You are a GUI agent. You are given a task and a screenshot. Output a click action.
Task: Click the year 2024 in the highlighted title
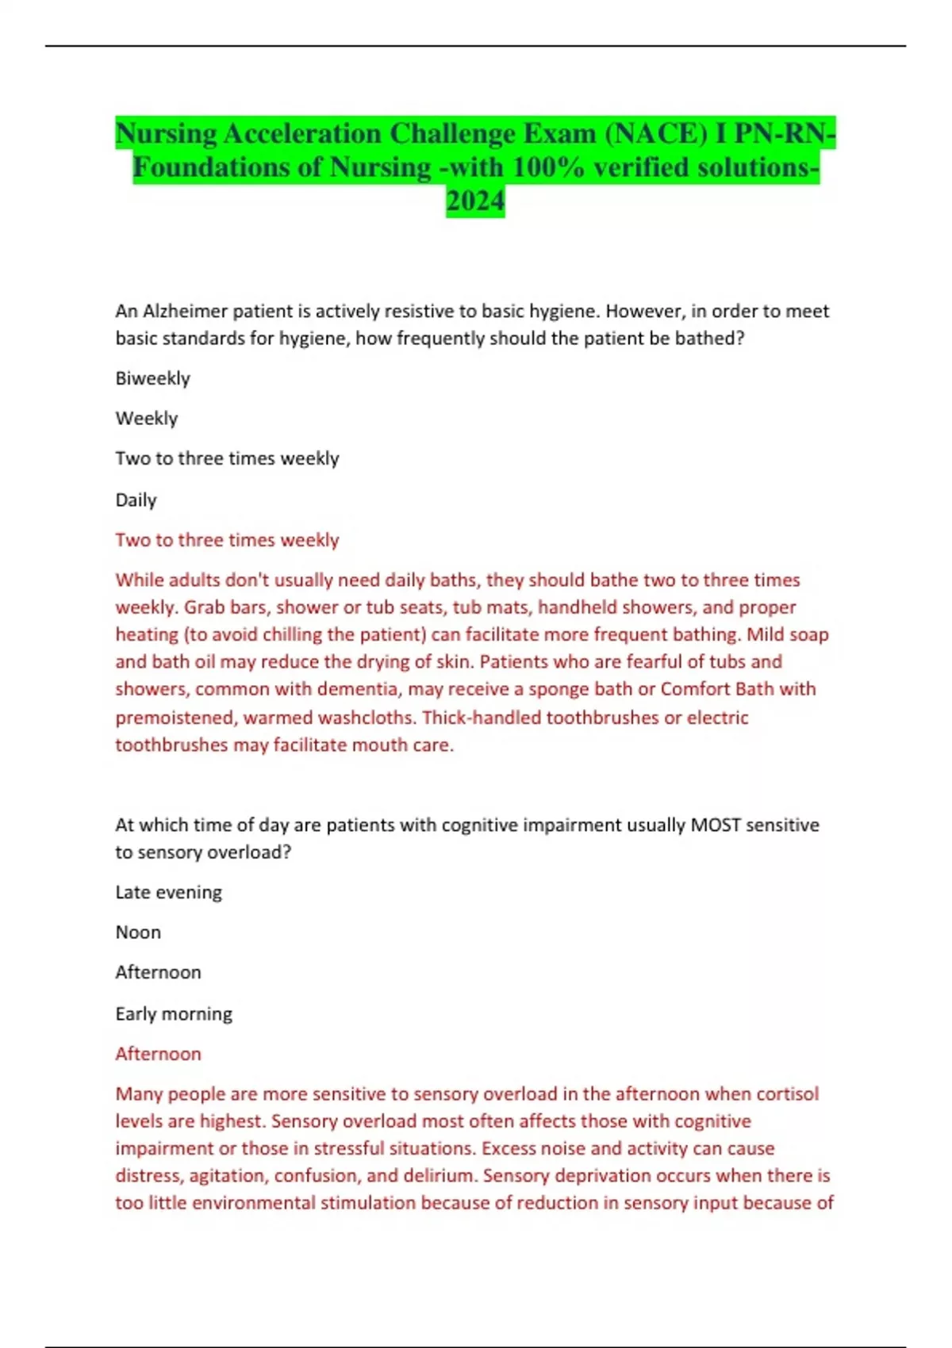click(x=475, y=201)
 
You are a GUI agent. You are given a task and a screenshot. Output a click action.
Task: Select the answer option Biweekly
click(x=153, y=378)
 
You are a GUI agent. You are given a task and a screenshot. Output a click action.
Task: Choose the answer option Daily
click(x=136, y=500)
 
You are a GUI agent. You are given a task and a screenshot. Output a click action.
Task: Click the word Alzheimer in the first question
click(x=185, y=311)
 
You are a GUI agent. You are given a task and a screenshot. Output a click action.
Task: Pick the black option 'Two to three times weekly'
click(x=227, y=458)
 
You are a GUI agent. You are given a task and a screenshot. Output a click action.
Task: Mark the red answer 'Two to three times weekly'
click(x=227, y=540)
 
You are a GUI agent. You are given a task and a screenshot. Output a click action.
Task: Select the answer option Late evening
click(x=168, y=892)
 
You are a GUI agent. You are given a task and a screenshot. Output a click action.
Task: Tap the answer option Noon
click(x=138, y=932)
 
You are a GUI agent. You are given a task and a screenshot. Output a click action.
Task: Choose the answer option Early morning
click(x=174, y=1013)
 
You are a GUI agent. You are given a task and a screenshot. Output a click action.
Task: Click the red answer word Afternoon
click(x=158, y=1054)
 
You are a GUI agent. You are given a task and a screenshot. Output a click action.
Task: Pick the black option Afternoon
click(x=158, y=972)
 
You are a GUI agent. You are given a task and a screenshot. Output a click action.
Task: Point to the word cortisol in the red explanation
click(x=787, y=1093)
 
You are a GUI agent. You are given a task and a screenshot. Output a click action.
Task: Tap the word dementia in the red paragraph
click(x=355, y=689)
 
